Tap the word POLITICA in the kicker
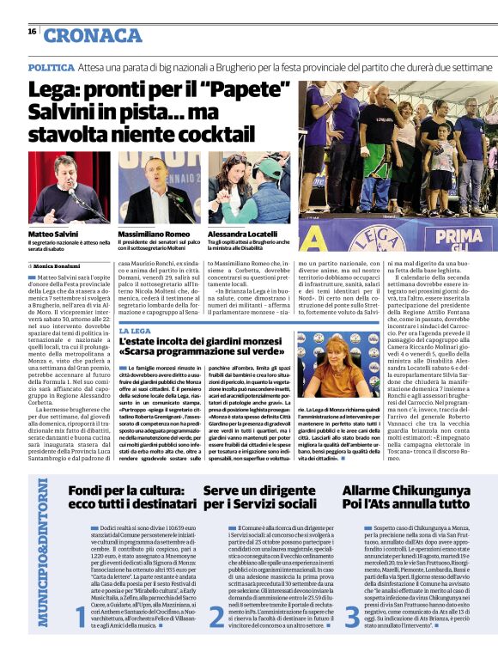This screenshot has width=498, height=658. (51, 66)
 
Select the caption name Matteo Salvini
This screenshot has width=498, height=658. (53, 234)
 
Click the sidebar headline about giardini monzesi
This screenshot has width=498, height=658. (211, 345)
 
